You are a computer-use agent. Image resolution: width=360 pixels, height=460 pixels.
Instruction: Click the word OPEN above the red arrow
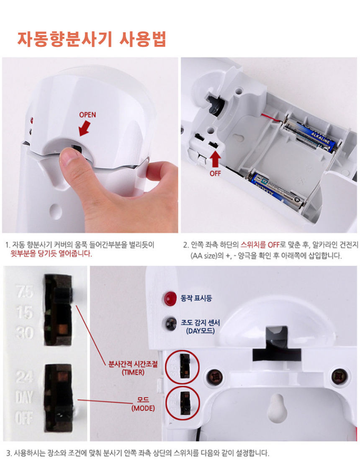(87, 115)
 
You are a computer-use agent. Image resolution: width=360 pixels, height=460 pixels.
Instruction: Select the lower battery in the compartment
(276, 189)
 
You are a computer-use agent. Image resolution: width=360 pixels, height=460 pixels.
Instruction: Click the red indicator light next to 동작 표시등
(170, 298)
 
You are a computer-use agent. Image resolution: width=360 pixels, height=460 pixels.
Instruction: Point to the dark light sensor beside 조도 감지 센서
(170, 323)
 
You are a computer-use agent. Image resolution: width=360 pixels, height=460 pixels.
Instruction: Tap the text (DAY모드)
(200, 331)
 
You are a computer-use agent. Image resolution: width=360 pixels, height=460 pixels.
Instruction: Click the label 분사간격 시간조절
(133, 364)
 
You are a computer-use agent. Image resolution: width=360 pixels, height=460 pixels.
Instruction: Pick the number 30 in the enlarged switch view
(24, 333)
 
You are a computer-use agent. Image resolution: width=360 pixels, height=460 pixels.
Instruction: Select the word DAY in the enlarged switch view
(24, 397)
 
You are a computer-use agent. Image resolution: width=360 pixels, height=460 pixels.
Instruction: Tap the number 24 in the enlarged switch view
(24, 377)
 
